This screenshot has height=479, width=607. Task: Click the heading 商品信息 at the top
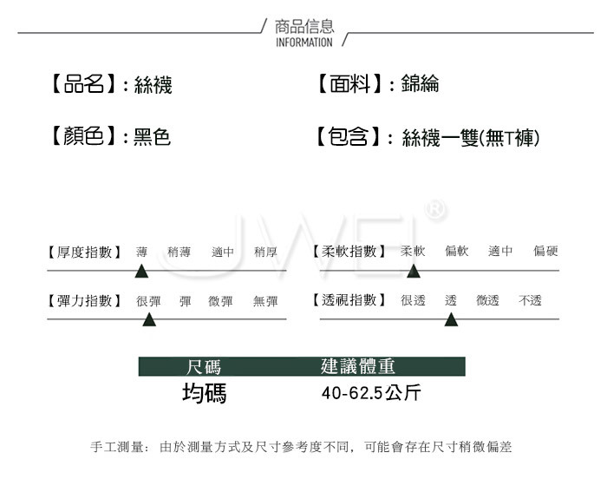coord(303,26)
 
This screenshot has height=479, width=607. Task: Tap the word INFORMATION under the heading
coord(303,42)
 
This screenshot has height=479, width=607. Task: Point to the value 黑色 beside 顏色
coord(152,137)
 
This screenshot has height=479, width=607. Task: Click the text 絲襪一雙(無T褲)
coord(471,137)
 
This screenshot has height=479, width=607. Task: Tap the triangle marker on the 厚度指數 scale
coord(141,272)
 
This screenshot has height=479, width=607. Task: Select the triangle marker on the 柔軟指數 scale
coord(414,272)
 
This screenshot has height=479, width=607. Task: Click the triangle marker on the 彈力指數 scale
coord(149,320)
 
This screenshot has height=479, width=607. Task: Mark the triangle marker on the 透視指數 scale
coord(451,320)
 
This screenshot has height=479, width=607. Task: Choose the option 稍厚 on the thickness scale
coord(265,253)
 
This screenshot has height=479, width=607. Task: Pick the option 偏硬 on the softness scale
coord(545,252)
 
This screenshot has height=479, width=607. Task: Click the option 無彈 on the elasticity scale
coord(265,301)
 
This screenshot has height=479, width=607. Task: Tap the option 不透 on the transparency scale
coord(530,301)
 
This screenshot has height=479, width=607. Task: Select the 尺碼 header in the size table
coord(204,366)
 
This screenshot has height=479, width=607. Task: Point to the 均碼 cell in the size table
coord(204,394)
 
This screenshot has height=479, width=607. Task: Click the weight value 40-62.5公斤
coord(371,394)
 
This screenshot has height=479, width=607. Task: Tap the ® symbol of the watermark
coord(437,209)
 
